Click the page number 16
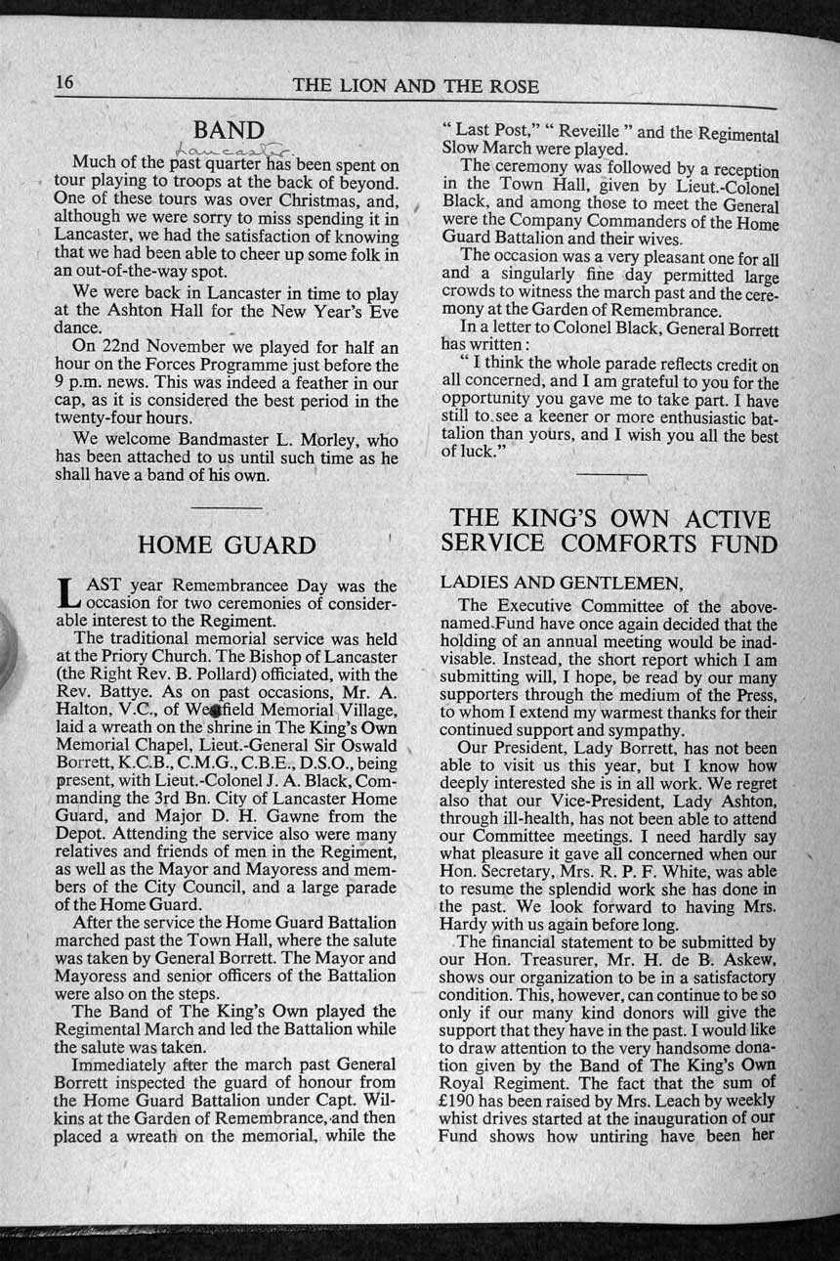click(64, 83)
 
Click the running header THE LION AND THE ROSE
click(415, 86)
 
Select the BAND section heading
click(229, 130)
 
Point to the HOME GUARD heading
click(228, 544)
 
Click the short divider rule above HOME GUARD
click(227, 506)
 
